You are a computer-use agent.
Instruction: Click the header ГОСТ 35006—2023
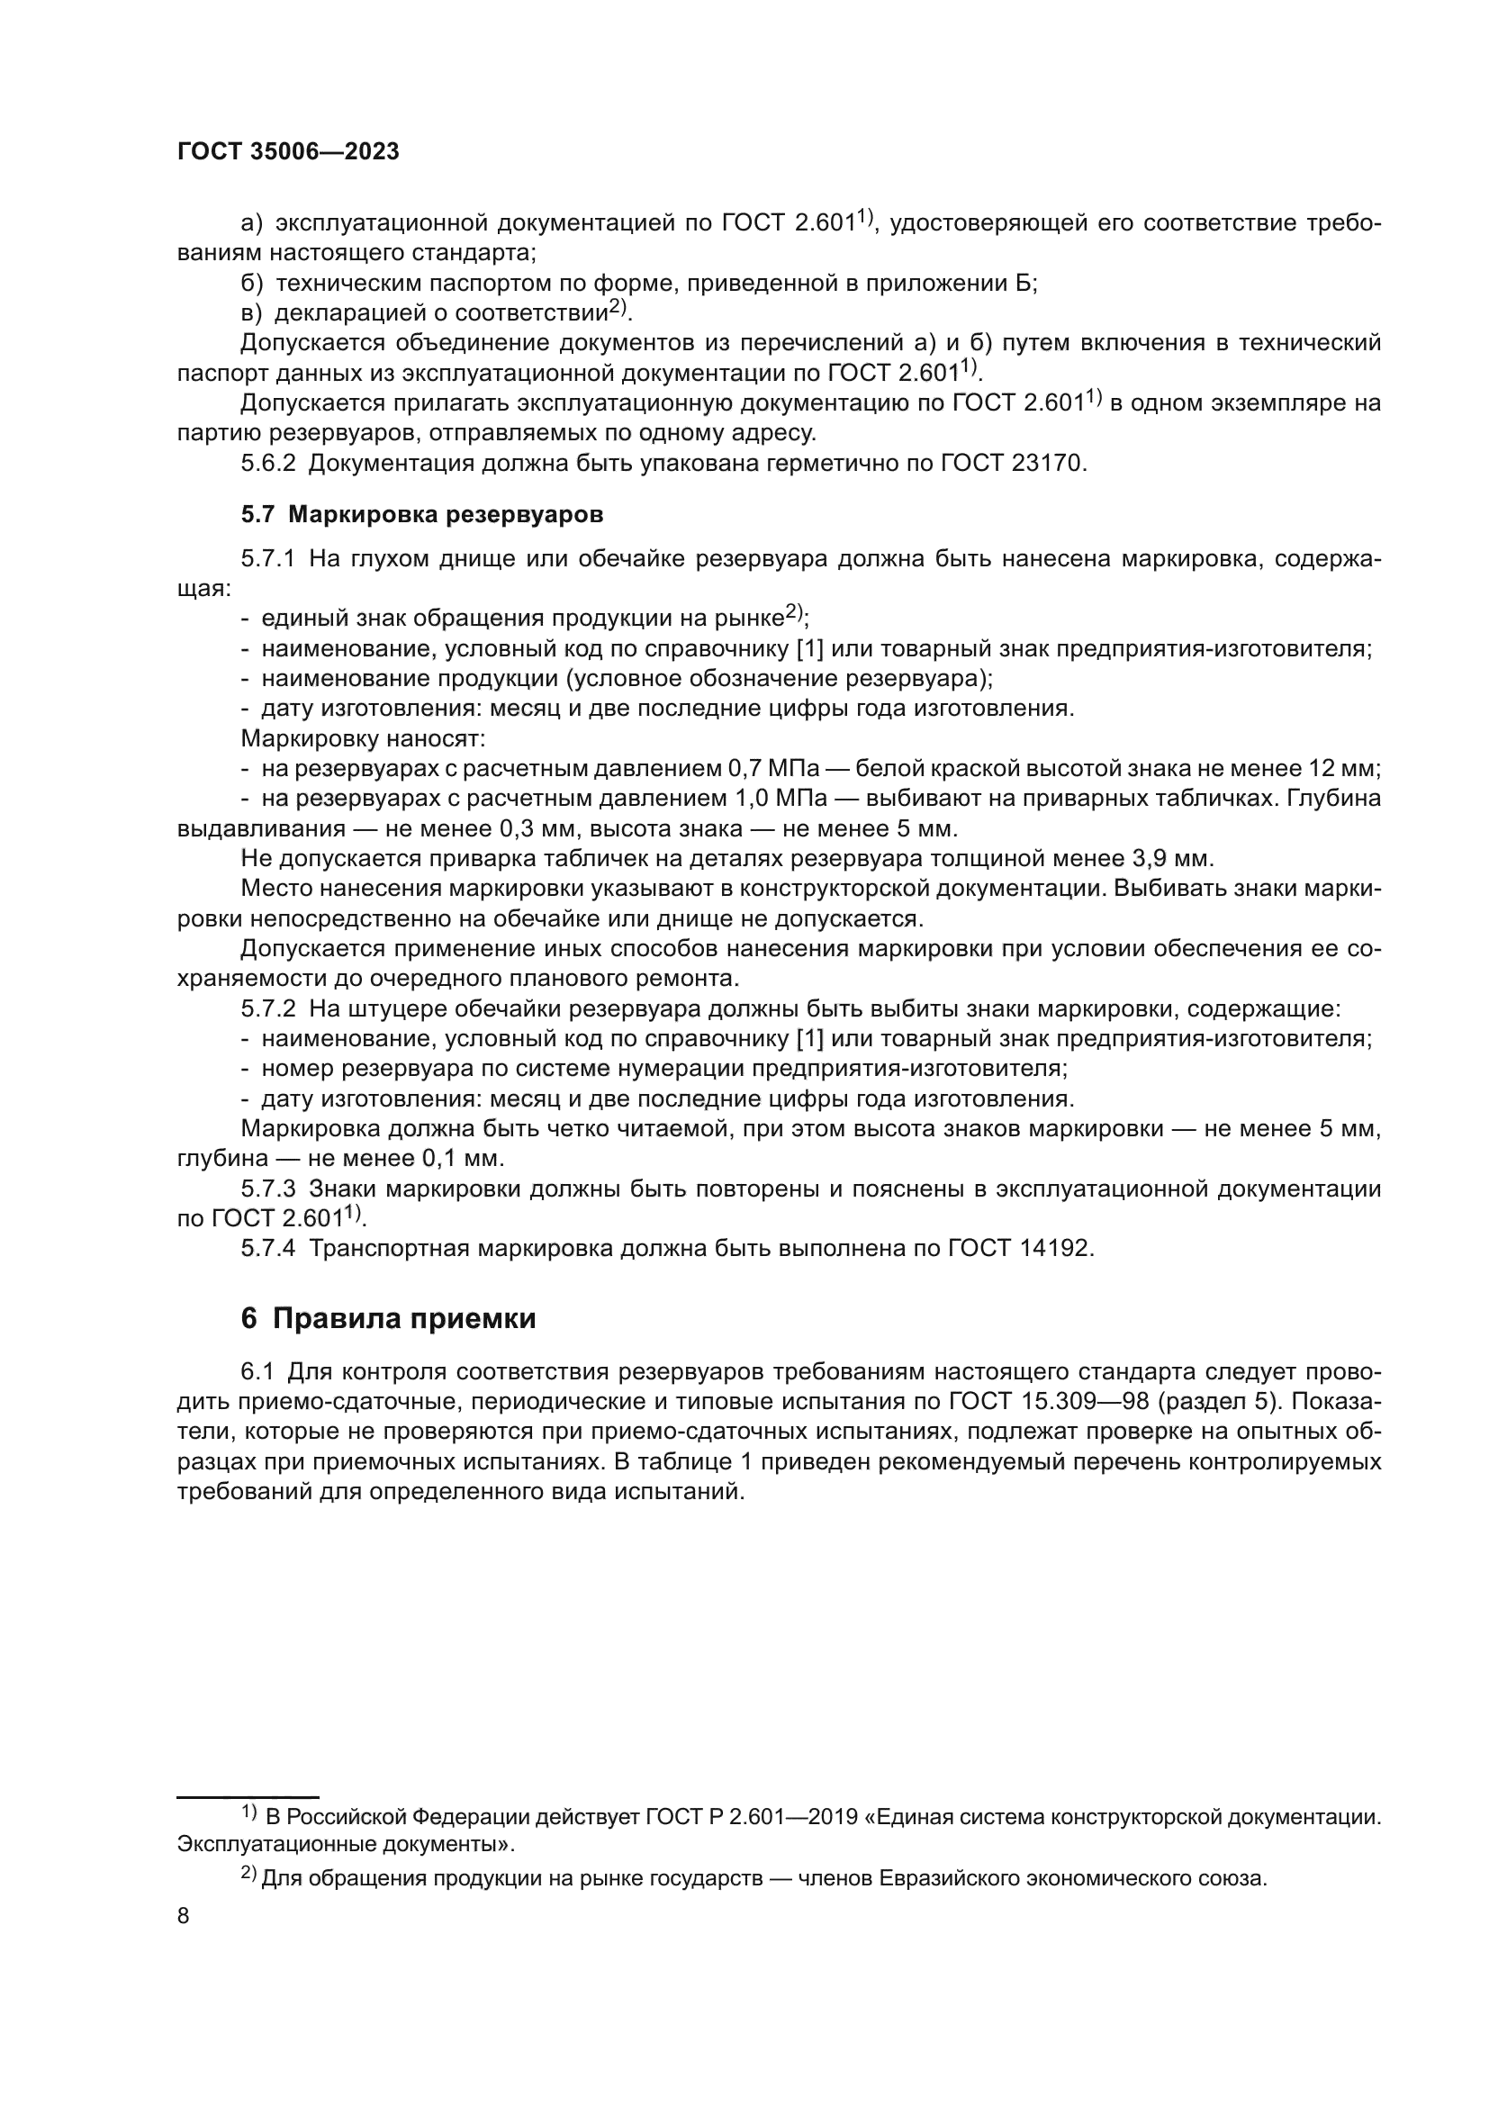tap(288, 152)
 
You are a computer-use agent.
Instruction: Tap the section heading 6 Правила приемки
tap(388, 1319)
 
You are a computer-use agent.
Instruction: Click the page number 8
tap(184, 1916)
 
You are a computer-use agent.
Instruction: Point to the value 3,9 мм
tap(1172, 859)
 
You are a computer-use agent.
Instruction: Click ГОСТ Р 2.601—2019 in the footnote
tap(751, 1817)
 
